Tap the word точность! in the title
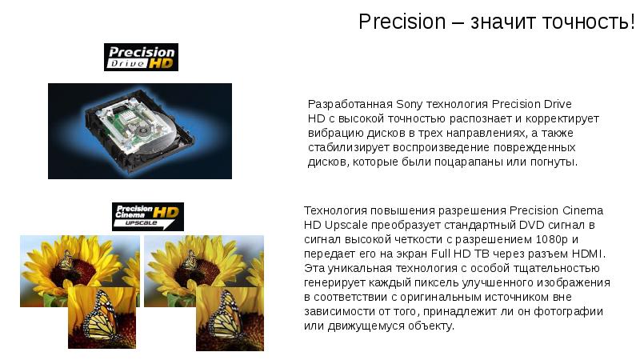[x=588, y=22]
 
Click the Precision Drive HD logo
[x=141, y=57]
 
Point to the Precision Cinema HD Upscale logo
[x=147, y=216]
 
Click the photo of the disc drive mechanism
[x=140, y=130]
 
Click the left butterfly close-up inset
[x=102, y=318]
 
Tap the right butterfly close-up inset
[x=230, y=318]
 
